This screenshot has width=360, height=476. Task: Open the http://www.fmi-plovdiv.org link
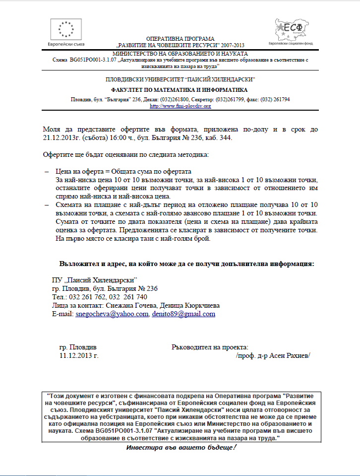(x=180, y=106)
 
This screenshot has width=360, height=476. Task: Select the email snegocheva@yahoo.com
(x=112, y=314)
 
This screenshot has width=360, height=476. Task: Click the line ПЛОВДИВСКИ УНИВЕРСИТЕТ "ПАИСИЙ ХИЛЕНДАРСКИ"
(x=180, y=79)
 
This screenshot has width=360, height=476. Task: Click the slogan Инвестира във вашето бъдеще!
(x=180, y=448)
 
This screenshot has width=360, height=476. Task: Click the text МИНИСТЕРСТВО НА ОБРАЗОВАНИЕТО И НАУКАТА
(x=180, y=53)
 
